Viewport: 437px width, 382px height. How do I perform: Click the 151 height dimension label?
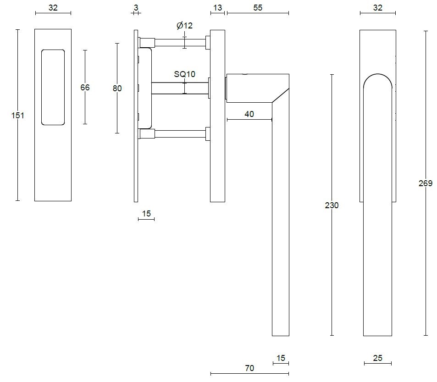17,116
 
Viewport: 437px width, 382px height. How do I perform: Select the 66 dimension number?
85,87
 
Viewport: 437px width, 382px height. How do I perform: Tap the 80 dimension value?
117,88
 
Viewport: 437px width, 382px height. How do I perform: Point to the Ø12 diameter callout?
184,26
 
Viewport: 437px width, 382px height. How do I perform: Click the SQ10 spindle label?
184,74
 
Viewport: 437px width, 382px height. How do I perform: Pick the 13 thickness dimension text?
217,8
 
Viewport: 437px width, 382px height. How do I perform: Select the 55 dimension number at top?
258,8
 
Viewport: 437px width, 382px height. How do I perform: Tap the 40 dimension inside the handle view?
249,114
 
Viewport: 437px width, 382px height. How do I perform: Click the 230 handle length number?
332,205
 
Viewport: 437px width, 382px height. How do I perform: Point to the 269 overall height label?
425,183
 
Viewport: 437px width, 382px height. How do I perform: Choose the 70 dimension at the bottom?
249,368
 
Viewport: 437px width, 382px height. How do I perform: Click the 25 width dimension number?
377,358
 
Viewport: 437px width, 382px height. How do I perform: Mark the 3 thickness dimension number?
136,7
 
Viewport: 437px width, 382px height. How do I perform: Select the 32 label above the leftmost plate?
53,8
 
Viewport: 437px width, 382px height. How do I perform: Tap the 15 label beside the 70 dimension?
281,358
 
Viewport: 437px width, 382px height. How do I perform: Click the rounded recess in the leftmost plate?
53,87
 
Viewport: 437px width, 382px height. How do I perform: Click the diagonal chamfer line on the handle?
281,95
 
